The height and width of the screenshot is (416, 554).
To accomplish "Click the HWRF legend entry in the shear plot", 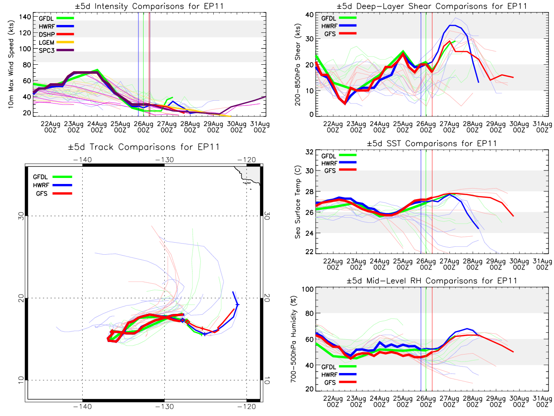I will (x=330, y=25).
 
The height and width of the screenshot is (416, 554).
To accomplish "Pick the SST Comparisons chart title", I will (x=432, y=143).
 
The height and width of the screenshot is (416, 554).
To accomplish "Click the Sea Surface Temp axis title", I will (x=298, y=202).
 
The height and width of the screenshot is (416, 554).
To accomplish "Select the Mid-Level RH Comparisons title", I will (x=432, y=281).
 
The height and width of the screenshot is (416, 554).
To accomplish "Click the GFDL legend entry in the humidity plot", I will (x=330, y=367).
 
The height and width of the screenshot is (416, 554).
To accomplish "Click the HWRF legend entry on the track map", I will (x=42, y=185).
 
